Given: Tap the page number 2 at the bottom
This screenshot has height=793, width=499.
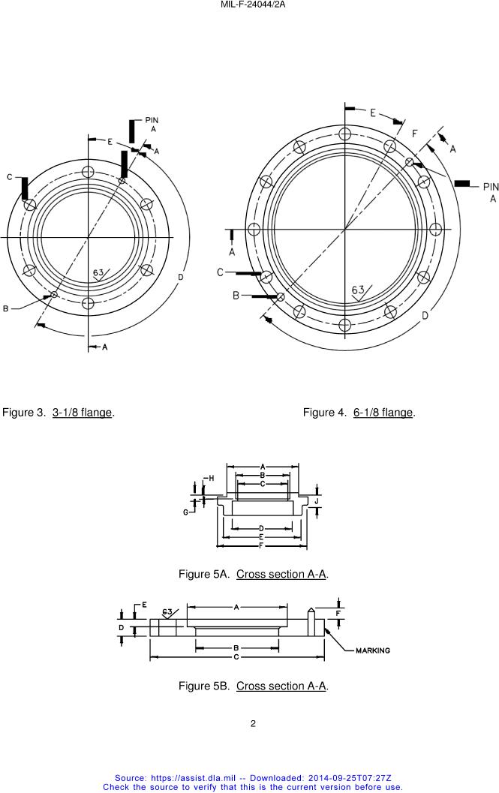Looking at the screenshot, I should tap(253, 724).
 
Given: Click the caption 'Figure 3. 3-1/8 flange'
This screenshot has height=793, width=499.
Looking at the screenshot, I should tap(59, 413).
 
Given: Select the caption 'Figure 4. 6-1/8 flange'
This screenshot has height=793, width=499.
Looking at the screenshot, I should tap(359, 413).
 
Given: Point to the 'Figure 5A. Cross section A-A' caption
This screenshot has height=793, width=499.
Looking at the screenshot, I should tap(254, 575).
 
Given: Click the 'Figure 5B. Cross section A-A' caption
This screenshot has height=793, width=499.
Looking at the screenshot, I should tap(254, 686).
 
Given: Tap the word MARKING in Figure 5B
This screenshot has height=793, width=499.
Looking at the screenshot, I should tap(372, 650).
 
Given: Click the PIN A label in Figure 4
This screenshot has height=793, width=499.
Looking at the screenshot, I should tap(491, 192).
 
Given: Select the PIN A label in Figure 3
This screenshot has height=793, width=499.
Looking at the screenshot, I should tap(152, 125).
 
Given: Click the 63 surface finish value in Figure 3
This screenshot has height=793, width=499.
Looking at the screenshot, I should tap(98, 272).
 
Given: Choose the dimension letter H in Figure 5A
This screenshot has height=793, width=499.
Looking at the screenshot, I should tap(211, 478).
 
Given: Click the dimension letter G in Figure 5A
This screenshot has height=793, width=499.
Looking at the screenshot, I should tap(185, 512).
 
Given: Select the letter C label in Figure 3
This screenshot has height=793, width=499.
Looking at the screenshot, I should tap(10, 177).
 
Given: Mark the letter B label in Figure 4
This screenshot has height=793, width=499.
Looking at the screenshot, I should tap(236, 296).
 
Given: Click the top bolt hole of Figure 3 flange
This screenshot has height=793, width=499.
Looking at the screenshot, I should tap(89, 172).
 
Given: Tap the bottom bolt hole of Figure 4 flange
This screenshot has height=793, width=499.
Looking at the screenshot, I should tap(344, 325).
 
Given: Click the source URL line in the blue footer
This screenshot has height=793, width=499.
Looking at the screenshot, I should tap(253, 779).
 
